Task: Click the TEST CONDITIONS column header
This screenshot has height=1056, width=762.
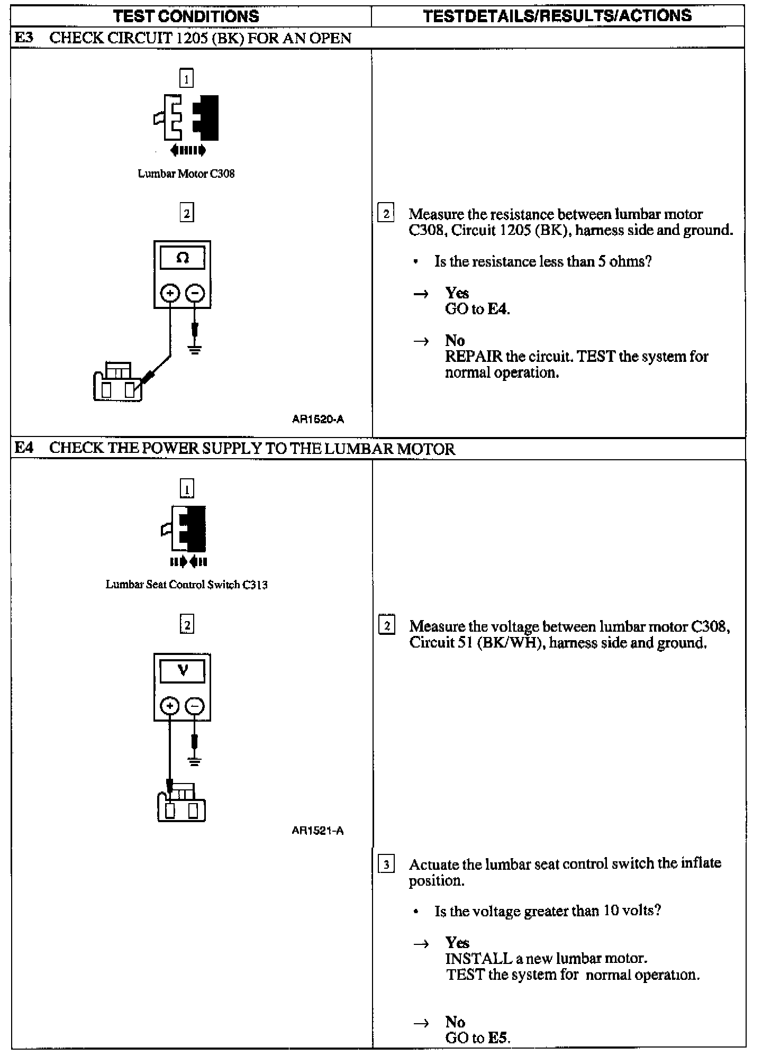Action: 186,16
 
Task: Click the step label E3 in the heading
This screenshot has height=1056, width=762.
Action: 24,38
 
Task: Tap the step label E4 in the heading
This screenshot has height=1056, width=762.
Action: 24,448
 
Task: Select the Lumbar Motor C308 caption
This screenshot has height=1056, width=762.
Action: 186,174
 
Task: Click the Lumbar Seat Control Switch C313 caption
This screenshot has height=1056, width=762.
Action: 186,585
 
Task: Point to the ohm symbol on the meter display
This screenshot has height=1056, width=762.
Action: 183,258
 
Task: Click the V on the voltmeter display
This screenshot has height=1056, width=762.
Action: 183,670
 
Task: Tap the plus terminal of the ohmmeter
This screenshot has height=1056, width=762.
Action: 170,293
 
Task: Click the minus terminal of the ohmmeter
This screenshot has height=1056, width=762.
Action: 195,293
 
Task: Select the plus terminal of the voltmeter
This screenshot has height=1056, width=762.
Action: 169,706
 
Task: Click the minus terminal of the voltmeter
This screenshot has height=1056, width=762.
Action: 195,706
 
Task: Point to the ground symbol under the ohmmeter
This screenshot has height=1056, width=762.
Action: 195,349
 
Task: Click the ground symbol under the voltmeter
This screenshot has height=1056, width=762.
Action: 195,762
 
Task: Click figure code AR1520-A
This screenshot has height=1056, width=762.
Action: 317,419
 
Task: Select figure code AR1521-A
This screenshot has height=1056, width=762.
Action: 317,831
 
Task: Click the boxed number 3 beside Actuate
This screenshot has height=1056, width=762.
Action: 386,865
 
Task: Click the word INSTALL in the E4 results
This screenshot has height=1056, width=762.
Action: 478,958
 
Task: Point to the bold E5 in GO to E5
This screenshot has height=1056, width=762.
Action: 497,1037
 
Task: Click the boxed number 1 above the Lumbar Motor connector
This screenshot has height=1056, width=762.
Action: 186,78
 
